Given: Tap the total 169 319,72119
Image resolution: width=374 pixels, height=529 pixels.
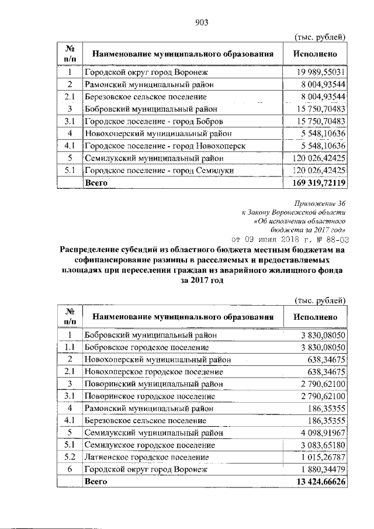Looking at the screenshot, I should point(319,183).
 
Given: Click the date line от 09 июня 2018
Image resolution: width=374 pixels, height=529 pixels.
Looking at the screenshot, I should point(290,238).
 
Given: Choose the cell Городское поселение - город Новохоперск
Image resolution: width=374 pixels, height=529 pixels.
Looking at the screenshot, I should point(164,146).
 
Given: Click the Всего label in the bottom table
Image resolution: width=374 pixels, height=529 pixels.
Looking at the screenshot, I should point(96,482).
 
